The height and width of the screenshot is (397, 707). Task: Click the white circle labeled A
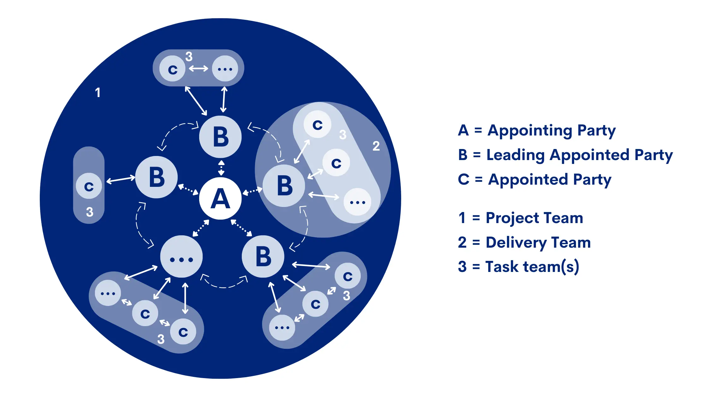point(220,198)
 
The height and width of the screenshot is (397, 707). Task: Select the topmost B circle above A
point(220,137)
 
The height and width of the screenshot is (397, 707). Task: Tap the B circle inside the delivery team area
point(284,186)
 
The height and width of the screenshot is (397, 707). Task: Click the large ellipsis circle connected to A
point(181,257)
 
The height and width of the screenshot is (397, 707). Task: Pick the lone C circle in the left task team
point(89,186)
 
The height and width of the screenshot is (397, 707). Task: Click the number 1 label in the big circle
point(98,93)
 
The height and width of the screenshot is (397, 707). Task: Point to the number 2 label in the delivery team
point(376,146)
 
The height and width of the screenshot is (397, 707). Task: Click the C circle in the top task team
point(172,69)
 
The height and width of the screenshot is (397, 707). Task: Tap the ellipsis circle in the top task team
point(225,69)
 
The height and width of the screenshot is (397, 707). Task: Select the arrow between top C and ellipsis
point(199,68)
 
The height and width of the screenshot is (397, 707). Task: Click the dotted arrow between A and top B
point(221,168)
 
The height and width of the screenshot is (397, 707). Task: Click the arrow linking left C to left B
point(121,179)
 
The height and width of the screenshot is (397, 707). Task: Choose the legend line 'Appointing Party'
point(551,130)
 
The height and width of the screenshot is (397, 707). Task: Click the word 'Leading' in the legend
point(515,155)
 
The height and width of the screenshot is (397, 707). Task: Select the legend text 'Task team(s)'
point(532,267)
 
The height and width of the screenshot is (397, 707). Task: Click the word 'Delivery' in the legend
point(516,243)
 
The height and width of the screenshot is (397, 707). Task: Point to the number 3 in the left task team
point(90,212)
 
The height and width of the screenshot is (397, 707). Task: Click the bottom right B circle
point(263,256)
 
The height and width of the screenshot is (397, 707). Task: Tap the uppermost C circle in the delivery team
point(317,124)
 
